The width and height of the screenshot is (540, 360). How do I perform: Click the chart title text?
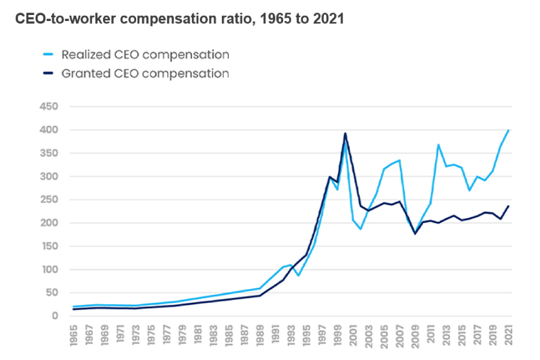click(179, 19)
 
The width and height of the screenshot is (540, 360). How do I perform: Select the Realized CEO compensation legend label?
click(145, 55)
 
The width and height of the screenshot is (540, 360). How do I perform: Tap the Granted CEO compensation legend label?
click(145, 73)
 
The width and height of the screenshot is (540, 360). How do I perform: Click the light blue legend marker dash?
click(48, 55)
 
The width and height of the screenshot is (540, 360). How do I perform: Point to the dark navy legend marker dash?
click(48, 73)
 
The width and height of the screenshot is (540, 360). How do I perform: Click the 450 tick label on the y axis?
click(49, 106)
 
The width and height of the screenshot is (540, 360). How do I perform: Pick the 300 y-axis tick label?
click(49, 176)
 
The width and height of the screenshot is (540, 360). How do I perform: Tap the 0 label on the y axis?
click(55, 316)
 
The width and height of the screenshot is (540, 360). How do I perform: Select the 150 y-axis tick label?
click(49, 247)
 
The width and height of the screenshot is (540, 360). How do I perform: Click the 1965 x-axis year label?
click(73, 335)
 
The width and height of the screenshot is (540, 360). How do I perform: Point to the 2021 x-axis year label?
click(509, 335)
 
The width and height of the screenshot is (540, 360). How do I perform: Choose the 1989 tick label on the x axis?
click(260, 335)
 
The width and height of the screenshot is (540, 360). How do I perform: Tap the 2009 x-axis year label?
click(415, 335)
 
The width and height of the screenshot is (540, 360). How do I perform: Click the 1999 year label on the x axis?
click(337, 335)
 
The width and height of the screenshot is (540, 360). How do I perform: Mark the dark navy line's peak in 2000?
click(345, 133)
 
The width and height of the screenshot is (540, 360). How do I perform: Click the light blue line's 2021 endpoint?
click(508, 131)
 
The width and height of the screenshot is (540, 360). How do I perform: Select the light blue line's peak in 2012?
click(439, 145)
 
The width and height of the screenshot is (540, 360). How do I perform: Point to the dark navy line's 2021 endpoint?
click(508, 206)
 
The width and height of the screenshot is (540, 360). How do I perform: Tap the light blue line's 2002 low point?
click(361, 229)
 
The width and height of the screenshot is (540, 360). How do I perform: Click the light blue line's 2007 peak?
click(400, 160)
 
